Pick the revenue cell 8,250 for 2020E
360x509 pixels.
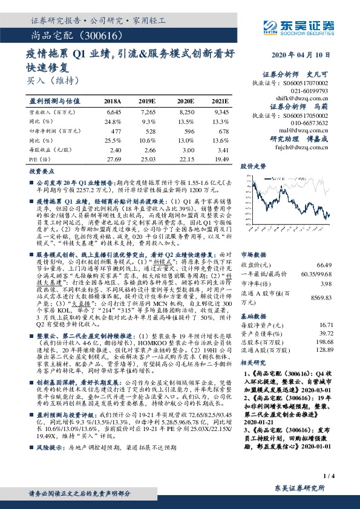pos(185,112)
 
